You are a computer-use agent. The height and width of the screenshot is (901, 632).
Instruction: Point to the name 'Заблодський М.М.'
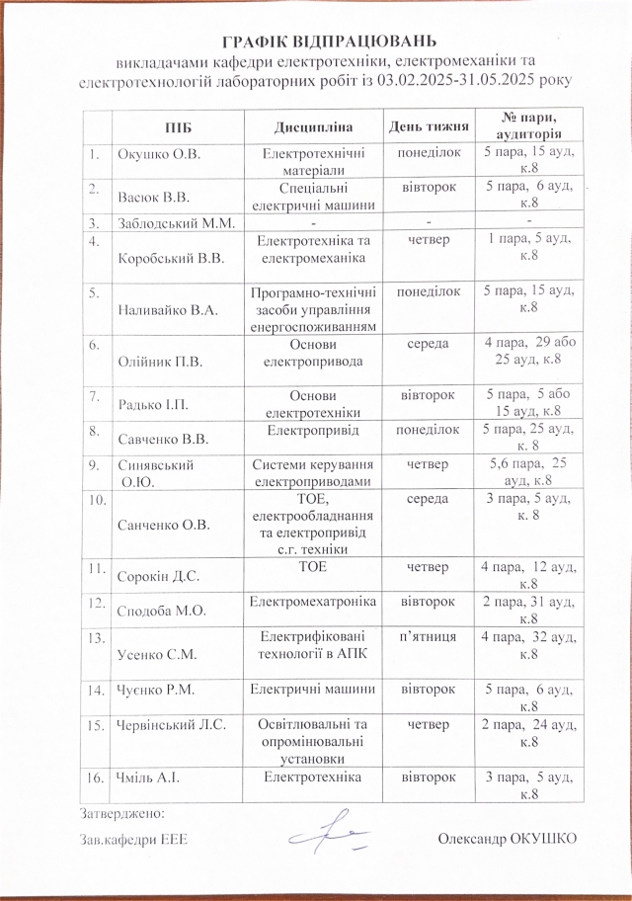175,221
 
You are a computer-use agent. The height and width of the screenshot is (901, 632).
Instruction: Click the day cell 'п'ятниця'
426,638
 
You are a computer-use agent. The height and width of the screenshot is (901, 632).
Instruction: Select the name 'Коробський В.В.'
170,258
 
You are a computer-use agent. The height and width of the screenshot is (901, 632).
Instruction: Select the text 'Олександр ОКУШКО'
506,839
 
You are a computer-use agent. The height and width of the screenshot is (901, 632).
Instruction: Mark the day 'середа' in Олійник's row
426,344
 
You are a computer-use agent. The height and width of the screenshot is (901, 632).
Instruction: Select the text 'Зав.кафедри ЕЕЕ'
134,839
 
